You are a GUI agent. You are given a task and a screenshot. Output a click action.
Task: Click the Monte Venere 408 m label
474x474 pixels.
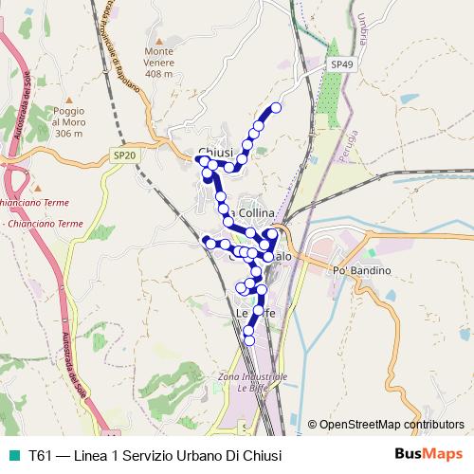pyautogui.click(x=159, y=62)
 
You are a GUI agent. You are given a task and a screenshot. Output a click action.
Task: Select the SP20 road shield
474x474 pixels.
pyautogui.click(x=123, y=155)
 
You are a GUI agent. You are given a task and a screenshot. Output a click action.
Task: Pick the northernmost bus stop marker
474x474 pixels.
pyautogui.click(x=277, y=107)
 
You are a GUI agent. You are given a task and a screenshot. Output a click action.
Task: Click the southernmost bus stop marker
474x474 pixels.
pyautogui.click(x=249, y=339)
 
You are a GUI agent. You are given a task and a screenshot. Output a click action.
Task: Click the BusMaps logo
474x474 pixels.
pyautogui.click(x=430, y=455)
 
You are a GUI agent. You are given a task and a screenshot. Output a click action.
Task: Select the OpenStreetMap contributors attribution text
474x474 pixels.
pyautogui.click(x=391, y=425)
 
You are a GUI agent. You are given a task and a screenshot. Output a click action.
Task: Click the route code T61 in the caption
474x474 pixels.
pyautogui.click(x=41, y=455)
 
